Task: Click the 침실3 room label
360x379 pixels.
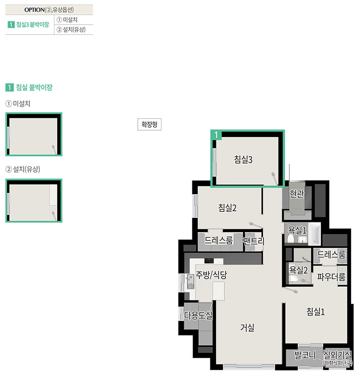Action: tap(243, 160)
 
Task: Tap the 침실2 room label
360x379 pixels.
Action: tap(227, 208)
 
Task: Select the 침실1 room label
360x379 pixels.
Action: tap(315, 312)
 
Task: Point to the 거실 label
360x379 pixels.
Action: tap(247, 328)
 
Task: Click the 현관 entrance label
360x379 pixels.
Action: tap(297, 194)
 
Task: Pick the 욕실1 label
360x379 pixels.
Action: tap(297, 230)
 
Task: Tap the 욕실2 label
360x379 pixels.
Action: tap(298, 270)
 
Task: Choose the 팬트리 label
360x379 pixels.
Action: tap(254, 241)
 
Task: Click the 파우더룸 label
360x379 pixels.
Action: tap(331, 277)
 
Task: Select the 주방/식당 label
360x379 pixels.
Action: tap(211, 275)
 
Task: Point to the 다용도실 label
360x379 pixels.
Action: tap(198, 315)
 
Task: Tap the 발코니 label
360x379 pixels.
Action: tap(305, 355)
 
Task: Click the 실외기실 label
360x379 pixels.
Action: tap(337, 355)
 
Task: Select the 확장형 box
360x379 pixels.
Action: tap(149, 125)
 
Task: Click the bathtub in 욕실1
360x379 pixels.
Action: tap(314, 234)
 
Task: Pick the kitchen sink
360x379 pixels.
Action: tap(190, 281)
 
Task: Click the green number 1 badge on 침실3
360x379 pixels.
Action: tap(216, 135)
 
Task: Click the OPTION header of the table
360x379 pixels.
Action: tap(49, 10)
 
